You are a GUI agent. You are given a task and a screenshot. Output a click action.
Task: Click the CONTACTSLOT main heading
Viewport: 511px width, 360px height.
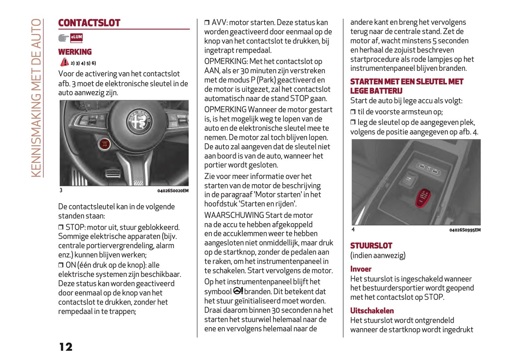[89, 23]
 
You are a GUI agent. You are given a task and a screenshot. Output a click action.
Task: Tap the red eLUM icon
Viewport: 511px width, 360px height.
[76, 37]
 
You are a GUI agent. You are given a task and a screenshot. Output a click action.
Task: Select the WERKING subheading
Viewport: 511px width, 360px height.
[75, 52]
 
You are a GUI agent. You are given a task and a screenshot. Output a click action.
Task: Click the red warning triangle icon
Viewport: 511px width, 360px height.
[64, 62]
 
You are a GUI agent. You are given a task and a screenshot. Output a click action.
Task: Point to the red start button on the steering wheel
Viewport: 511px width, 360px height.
[105, 144]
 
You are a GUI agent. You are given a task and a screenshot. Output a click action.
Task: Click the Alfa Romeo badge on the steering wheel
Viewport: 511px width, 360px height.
[140, 121]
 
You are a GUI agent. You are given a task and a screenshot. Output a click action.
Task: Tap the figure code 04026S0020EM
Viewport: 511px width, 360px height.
[173, 191]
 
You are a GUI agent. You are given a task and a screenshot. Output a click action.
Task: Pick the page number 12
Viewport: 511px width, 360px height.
[66, 347]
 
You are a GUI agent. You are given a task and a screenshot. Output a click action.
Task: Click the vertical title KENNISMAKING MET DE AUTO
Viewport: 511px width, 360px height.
[36, 98]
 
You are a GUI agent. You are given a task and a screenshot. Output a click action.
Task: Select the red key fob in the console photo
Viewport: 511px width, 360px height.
[423, 198]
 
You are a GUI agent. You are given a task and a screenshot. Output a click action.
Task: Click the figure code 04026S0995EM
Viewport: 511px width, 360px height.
[465, 230]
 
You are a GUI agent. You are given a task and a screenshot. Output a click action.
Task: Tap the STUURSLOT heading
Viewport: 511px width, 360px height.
[371, 246]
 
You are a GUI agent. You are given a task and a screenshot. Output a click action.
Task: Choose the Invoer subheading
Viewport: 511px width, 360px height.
[361, 269]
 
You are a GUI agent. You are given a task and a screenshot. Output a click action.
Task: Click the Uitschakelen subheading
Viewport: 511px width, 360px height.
[372, 311]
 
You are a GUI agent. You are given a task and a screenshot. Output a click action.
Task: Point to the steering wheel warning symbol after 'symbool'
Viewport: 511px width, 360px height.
[238, 291]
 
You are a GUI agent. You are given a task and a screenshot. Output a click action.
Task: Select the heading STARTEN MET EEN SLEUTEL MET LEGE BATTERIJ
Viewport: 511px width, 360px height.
[406, 86]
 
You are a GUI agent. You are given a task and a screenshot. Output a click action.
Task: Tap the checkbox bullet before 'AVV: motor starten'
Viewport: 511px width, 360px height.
[207, 23]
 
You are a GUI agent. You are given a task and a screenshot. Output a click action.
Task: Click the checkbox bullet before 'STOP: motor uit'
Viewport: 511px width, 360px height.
[61, 227]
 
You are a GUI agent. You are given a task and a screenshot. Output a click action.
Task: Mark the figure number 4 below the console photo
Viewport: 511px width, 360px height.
[353, 230]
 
